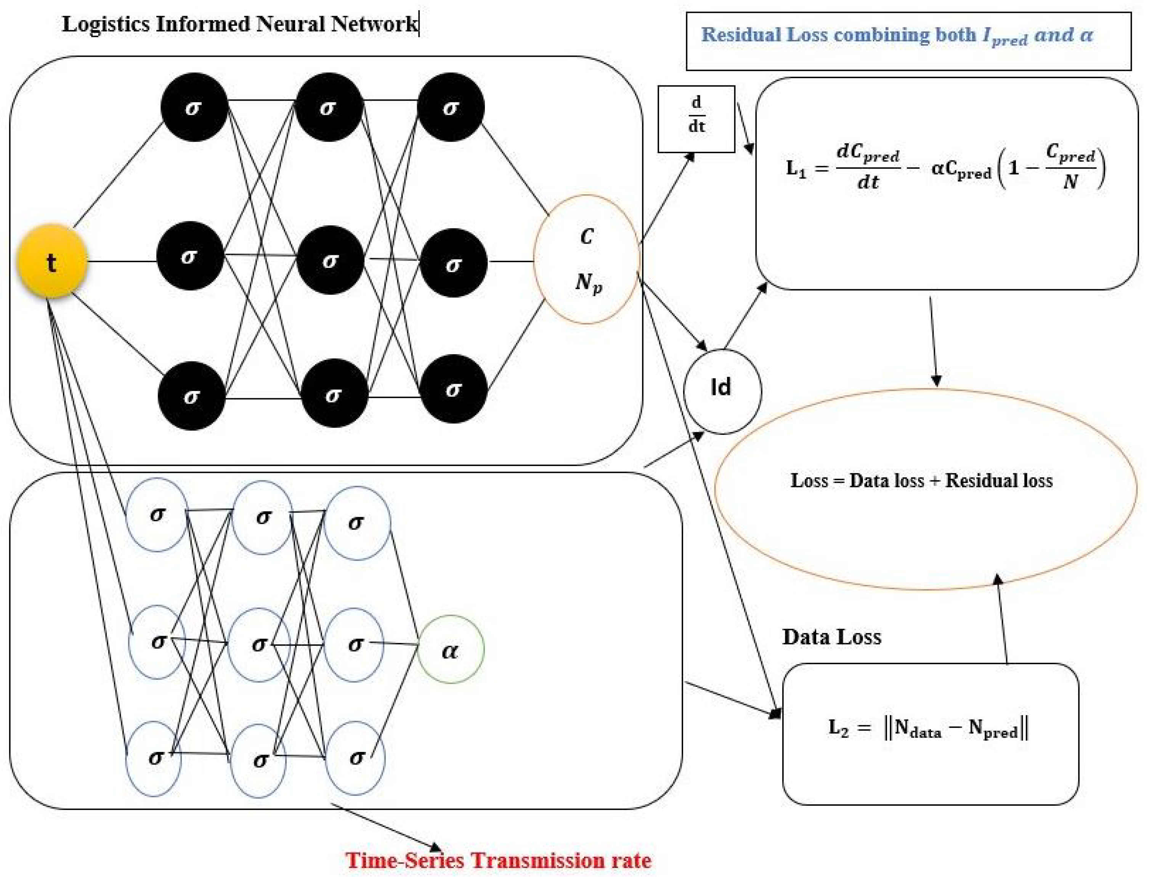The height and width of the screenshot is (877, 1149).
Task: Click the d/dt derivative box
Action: [696, 119]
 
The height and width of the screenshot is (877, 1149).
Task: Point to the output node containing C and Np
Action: [587, 260]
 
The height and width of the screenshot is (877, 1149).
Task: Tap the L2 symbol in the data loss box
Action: [838, 727]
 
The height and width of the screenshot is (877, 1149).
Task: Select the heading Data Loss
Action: [831, 637]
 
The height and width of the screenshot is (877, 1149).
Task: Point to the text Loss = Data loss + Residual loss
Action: [921, 480]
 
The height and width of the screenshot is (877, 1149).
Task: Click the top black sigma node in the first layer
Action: [194, 107]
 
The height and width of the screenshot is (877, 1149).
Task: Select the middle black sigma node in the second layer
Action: [329, 260]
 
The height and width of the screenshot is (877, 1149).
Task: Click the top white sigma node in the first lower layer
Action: [157, 515]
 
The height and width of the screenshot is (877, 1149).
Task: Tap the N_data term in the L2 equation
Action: [917, 728]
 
